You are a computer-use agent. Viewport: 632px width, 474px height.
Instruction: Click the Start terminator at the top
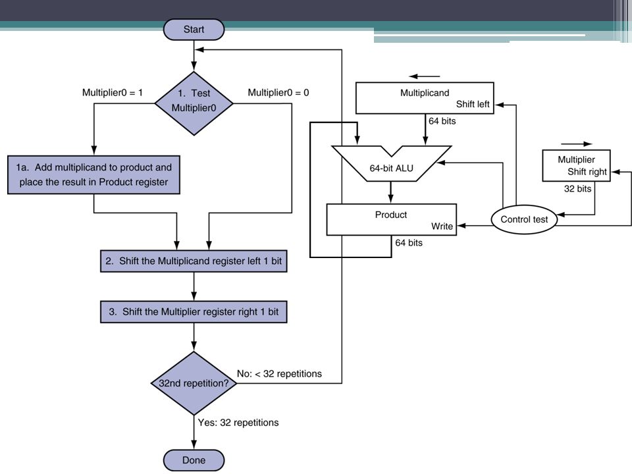click(194, 30)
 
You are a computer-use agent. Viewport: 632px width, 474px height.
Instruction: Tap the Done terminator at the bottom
click(194, 460)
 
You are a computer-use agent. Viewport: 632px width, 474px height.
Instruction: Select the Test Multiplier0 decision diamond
click(194, 103)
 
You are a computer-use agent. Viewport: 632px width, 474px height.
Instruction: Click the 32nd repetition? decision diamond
click(194, 383)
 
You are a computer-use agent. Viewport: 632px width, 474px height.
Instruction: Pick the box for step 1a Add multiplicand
click(93, 175)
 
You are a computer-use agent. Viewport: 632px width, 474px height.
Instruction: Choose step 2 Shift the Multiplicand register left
click(194, 261)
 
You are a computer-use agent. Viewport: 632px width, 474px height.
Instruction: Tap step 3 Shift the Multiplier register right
click(194, 311)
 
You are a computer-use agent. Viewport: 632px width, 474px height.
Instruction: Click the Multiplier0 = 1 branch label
click(113, 93)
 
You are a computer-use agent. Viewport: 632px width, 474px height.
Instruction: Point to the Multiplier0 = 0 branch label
click(278, 93)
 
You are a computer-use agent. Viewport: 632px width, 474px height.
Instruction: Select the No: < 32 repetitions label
click(279, 374)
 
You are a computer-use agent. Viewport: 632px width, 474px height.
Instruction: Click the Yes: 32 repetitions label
click(238, 423)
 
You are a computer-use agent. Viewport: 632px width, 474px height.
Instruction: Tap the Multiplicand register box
click(425, 98)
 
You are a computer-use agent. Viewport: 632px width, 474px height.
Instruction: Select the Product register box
click(391, 220)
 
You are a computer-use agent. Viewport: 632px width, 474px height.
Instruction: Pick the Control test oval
click(525, 220)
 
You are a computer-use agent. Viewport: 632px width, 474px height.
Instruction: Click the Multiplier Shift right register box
click(577, 166)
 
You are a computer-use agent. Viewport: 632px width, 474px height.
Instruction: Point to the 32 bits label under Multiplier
click(577, 189)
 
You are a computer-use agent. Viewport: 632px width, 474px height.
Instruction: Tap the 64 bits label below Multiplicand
click(442, 121)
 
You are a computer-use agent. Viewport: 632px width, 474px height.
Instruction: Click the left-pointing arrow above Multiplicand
click(425, 76)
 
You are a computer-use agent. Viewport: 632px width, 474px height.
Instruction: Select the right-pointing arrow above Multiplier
click(577, 144)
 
